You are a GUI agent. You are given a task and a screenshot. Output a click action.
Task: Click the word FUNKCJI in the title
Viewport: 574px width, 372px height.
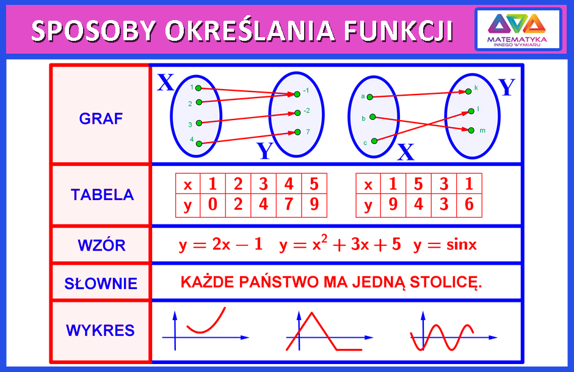tap(398, 30)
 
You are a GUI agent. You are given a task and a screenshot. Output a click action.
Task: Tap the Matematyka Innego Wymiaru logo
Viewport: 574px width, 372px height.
tap(518, 29)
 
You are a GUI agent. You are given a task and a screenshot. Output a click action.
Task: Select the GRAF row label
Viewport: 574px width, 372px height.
tap(101, 119)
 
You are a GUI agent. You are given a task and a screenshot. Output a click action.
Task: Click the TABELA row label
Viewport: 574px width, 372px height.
tap(102, 195)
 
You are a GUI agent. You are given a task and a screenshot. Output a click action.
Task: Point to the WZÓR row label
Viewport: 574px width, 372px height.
tap(101, 245)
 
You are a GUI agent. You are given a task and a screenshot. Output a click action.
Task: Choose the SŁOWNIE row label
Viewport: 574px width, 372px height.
tap(101, 284)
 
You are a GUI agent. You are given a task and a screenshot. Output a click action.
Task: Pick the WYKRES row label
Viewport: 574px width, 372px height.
tap(100, 331)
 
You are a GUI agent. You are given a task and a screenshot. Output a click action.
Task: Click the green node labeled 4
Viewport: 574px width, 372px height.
tap(199, 144)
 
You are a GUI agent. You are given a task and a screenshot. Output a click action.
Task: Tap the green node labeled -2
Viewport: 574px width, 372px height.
tap(297, 113)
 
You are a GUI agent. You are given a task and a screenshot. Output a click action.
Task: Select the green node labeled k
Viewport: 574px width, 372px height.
tap(468, 91)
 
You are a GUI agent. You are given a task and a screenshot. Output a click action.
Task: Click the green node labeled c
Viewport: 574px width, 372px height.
tap(374, 141)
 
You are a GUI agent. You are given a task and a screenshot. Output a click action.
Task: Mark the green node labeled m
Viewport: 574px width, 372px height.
tap(471, 130)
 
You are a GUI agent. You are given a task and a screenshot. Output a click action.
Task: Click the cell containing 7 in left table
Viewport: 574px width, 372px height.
tap(289, 205)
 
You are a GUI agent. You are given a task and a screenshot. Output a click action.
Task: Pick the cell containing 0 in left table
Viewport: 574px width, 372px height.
tap(213, 205)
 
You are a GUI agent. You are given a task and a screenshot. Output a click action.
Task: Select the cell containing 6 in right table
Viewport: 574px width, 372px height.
tap(470, 205)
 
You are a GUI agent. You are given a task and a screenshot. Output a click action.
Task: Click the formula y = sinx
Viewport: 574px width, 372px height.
tap(445, 245)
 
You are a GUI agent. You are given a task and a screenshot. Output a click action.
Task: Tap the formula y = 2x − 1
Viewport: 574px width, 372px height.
tap(220, 245)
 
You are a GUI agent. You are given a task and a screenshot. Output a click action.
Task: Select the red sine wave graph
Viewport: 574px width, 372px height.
tap(442, 337)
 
